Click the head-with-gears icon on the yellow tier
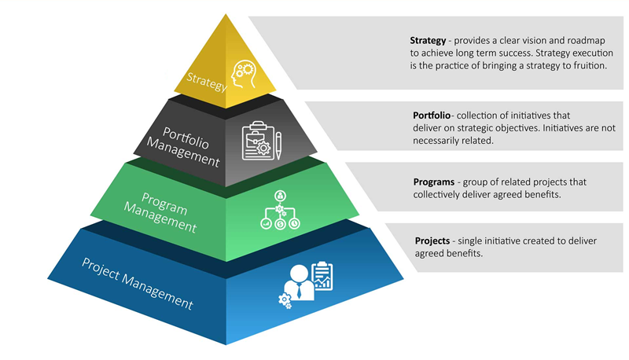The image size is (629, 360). coord(241,75)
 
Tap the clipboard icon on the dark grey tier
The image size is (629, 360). coord(256,139)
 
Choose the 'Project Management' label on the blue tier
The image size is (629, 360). coord(138,281)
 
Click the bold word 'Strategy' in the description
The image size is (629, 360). coord(429,39)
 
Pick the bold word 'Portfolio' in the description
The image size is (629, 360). coord(433,115)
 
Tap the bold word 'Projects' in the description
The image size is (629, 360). coord(432,240)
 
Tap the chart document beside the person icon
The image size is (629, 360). coord(322,275)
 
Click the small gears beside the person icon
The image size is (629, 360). coord(284,299)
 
